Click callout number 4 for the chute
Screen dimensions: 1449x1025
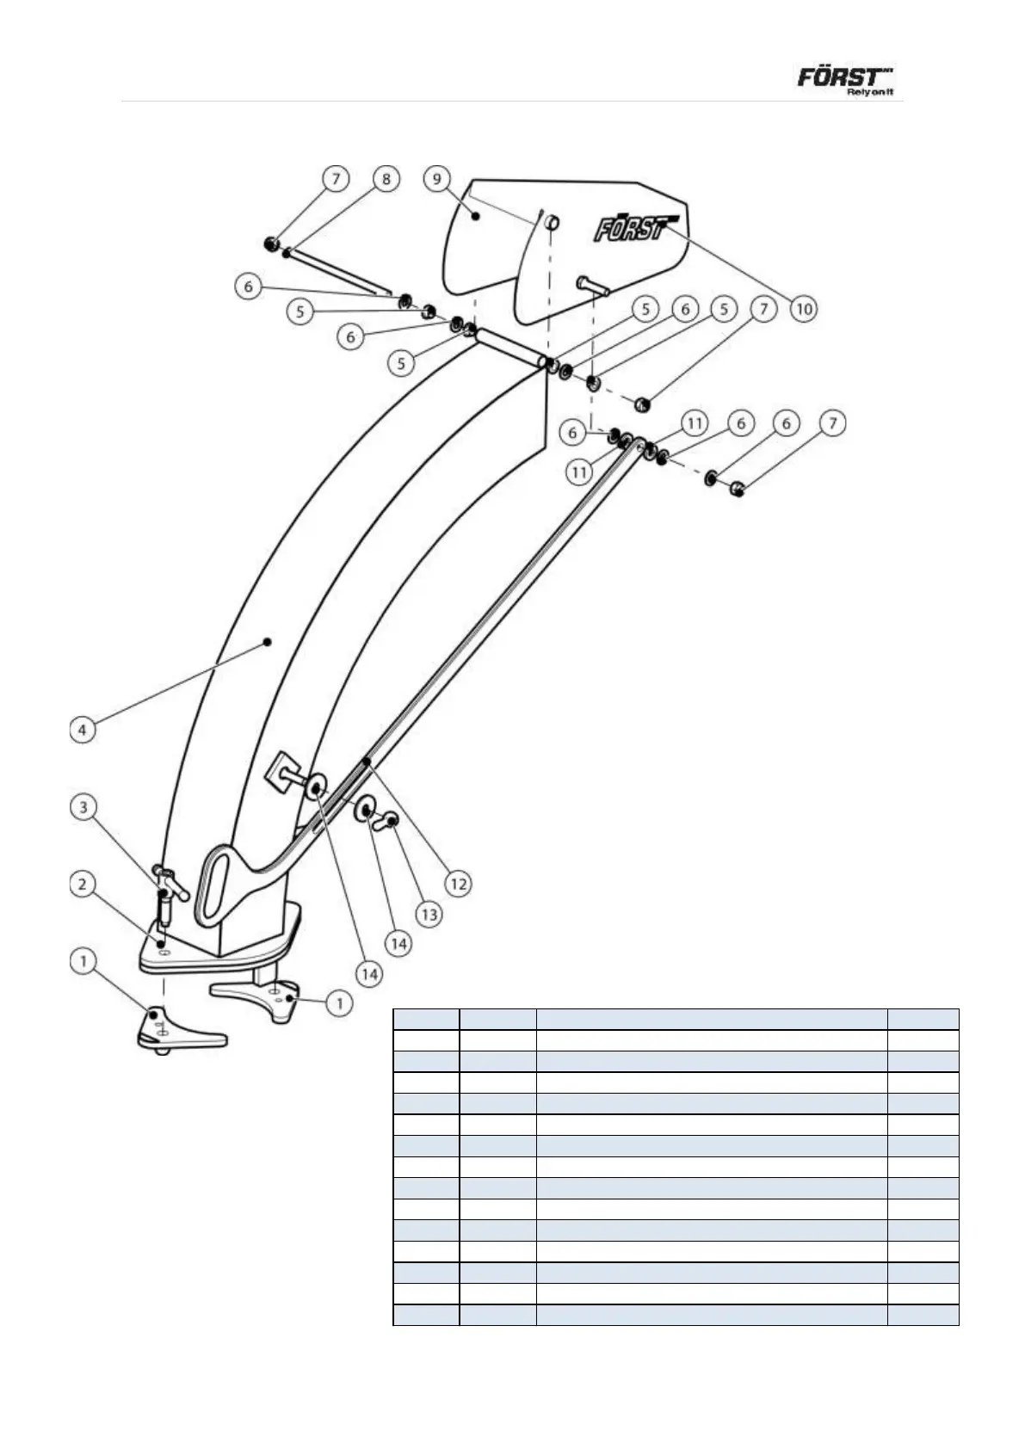click(82, 730)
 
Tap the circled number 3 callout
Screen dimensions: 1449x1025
click(83, 807)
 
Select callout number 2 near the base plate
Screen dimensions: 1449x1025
click(83, 885)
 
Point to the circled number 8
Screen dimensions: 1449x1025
click(386, 179)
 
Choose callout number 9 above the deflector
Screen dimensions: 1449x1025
click(438, 179)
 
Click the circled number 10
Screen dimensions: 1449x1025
click(802, 308)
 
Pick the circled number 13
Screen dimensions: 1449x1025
click(429, 914)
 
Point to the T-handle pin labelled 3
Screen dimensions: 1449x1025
click(170, 886)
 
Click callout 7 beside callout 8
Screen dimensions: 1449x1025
click(336, 179)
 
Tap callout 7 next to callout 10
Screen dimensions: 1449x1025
click(763, 308)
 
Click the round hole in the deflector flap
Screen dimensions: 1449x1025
click(552, 223)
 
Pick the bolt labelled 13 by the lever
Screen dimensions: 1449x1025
click(389, 822)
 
